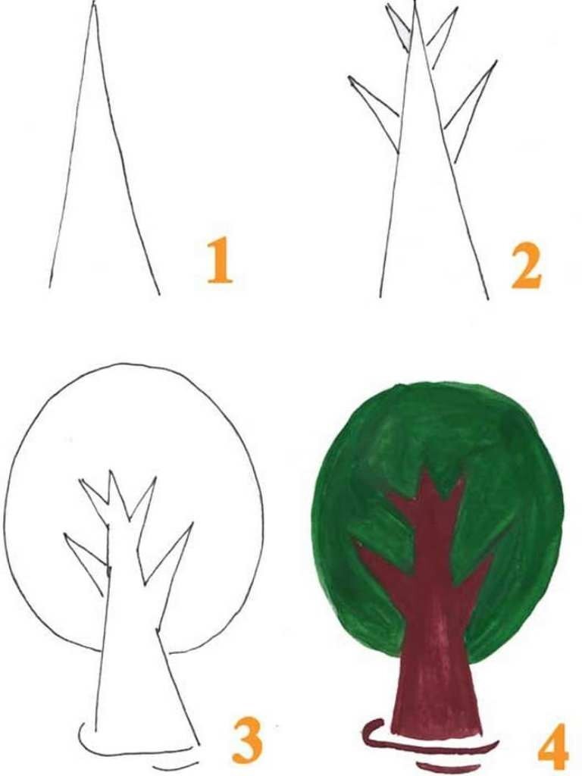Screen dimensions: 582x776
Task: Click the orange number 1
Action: pos(219,261)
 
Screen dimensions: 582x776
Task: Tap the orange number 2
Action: pos(526,265)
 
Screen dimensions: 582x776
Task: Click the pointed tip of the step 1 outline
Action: pos(93,4)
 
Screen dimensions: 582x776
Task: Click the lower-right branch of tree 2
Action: pos(470,111)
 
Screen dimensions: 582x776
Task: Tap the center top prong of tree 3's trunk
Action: pos(117,495)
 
